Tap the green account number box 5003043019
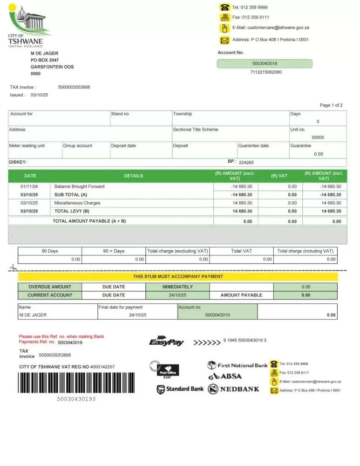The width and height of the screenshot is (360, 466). pyautogui.click(x=265, y=63)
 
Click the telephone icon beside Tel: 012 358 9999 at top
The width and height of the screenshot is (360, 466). pyautogui.click(x=225, y=7)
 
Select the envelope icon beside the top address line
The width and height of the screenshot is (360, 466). pyautogui.click(x=225, y=40)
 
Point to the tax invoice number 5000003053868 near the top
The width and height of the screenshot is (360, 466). pyautogui.click(x=74, y=87)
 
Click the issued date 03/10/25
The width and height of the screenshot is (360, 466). pyautogui.click(x=39, y=95)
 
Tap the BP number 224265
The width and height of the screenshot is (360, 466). pyautogui.click(x=246, y=163)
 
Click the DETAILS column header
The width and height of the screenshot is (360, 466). pyautogui.click(x=134, y=176)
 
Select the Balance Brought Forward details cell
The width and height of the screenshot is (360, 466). pyautogui.click(x=79, y=186)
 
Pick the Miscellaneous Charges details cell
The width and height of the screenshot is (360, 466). pyautogui.click(x=77, y=203)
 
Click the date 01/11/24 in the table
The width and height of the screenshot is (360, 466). pyautogui.click(x=29, y=186)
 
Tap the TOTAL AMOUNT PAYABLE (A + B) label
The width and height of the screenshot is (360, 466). pyautogui.click(x=89, y=221)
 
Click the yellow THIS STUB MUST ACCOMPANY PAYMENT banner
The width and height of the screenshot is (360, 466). pyautogui.click(x=178, y=277)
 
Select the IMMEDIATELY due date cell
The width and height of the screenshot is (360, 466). pyautogui.click(x=177, y=287)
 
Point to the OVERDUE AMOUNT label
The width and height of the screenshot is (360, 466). pyautogui.click(x=50, y=287)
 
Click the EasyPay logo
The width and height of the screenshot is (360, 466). pyautogui.click(x=166, y=342)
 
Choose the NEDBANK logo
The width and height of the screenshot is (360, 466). pyautogui.click(x=234, y=389)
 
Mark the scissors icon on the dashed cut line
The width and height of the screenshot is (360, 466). pyautogui.click(x=13, y=268)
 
